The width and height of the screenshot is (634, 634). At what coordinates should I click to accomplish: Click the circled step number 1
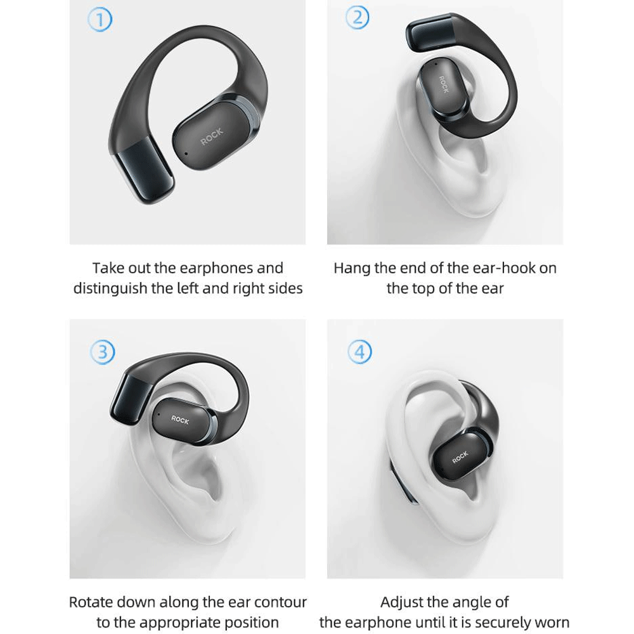click(x=100, y=20)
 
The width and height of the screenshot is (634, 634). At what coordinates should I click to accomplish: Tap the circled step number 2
click(x=358, y=17)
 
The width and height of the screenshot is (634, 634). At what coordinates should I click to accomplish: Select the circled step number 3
click(x=102, y=352)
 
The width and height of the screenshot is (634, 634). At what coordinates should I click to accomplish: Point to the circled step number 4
click(x=360, y=352)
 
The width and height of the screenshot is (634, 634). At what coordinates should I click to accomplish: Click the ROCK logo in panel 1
click(x=212, y=137)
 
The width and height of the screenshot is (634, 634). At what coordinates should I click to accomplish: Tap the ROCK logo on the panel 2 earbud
click(x=444, y=84)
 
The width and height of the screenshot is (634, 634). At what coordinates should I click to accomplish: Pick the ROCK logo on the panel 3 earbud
click(x=180, y=420)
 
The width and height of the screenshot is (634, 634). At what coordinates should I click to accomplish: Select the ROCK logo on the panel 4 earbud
click(x=460, y=457)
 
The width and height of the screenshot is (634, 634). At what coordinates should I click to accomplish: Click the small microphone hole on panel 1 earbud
click(x=186, y=153)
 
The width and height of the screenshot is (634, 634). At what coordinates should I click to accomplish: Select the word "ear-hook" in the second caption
click(x=491, y=268)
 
